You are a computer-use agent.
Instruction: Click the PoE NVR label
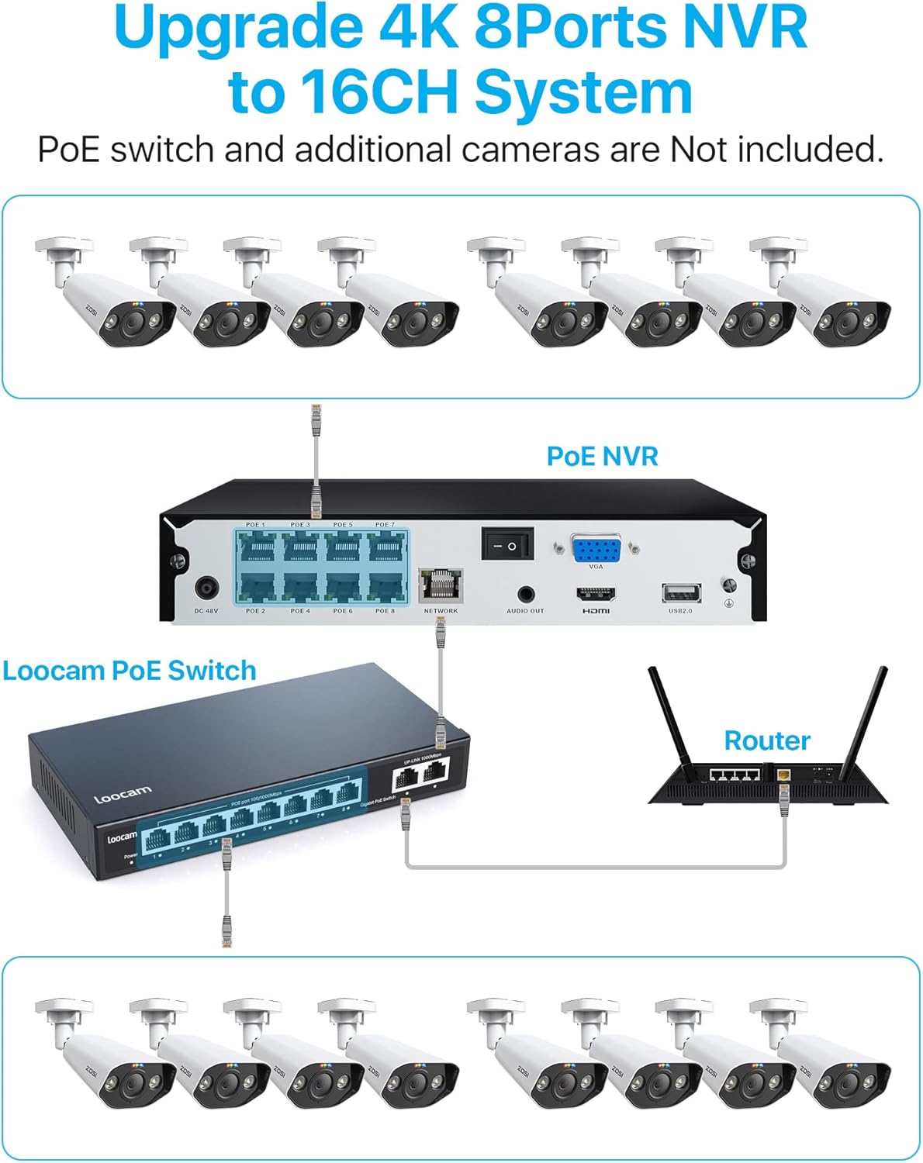[602, 456]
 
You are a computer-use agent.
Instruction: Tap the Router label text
[766, 740]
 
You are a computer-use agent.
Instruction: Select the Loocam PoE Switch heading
[130, 671]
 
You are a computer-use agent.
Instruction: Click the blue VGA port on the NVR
[596, 549]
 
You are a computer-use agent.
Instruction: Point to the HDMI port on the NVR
[596, 595]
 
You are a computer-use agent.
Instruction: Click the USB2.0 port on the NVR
[680, 593]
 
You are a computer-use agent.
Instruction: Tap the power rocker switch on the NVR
[507, 545]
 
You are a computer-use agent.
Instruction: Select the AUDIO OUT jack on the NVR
[525, 595]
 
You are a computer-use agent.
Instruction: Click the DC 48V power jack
[206, 588]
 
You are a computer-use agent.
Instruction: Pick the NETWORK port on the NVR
[441, 585]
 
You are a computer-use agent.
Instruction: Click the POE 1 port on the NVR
[255, 549]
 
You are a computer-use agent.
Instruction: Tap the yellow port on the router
[783, 774]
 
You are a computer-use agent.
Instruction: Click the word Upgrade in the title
[237, 27]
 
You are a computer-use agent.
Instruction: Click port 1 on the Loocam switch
[158, 838]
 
